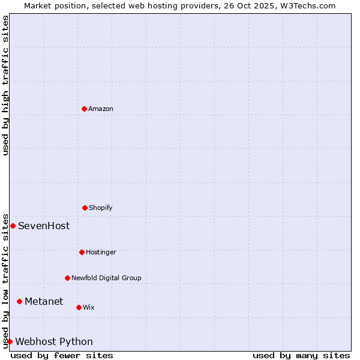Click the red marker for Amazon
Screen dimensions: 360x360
coord(84,109)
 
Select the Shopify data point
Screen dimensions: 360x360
coord(85,208)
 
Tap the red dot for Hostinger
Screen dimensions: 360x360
coord(82,252)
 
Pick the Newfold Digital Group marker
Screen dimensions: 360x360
coord(67,278)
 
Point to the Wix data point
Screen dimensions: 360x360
coord(79,307)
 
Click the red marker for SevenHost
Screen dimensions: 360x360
coord(13,226)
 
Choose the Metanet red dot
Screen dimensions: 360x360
coord(19,301)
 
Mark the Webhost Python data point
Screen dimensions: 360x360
coord(10,341)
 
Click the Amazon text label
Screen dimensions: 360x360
coord(101,109)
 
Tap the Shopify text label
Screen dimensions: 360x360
coord(101,208)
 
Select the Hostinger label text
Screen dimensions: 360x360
coord(101,252)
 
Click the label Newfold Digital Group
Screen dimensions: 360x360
coord(106,278)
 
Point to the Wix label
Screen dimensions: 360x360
coord(89,307)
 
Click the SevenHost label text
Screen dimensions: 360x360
coord(44,226)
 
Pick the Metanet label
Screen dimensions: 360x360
coord(44,301)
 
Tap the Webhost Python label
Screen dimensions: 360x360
coord(54,342)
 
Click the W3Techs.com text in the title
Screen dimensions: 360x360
coord(306,5)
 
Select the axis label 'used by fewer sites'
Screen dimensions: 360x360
coord(62,355)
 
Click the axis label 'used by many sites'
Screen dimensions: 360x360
coord(301,355)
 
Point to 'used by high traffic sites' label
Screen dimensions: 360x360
coord(5,85)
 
